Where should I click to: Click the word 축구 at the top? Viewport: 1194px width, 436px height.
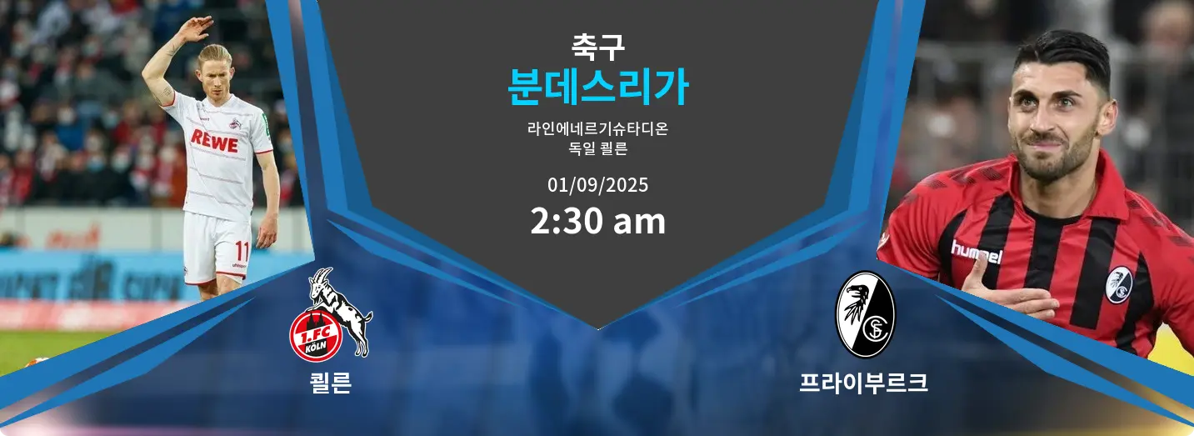(x=597, y=47)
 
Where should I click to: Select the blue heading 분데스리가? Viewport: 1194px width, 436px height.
(x=598, y=87)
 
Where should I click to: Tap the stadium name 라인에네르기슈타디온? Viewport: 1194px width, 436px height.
(x=597, y=128)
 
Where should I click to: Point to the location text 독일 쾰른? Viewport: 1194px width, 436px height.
(x=597, y=148)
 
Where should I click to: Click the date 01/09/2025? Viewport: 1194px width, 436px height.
(x=597, y=185)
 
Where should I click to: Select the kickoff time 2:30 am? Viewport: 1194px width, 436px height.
(x=597, y=221)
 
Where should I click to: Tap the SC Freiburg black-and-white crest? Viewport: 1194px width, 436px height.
(x=865, y=314)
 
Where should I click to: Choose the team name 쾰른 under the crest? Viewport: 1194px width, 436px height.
(x=331, y=383)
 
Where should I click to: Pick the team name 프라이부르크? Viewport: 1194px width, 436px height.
(x=863, y=383)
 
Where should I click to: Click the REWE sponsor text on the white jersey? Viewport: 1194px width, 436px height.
(x=214, y=141)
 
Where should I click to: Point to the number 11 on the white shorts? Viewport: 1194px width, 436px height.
(x=242, y=251)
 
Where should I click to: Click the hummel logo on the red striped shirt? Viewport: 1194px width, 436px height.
(x=977, y=252)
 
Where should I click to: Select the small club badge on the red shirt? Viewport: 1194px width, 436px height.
(x=1118, y=284)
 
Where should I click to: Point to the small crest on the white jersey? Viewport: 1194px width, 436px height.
(x=233, y=123)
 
